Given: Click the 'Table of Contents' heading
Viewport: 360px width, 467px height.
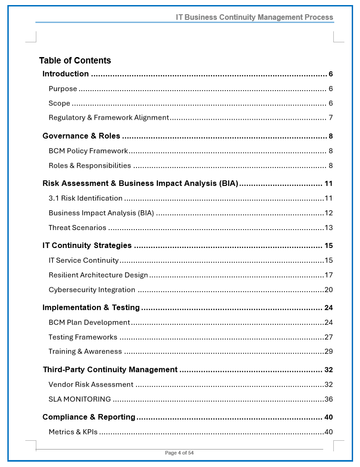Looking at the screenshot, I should (x=75, y=61).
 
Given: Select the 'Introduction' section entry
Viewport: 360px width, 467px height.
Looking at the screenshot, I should (x=66, y=74).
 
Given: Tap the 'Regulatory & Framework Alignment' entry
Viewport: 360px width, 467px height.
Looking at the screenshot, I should (x=109, y=118).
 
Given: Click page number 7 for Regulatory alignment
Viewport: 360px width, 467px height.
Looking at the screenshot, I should (x=331, y=118).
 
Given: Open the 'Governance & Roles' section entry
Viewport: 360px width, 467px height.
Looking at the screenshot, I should (x=81, y=136).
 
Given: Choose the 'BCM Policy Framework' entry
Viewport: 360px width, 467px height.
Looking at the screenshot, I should (x=88, y=151).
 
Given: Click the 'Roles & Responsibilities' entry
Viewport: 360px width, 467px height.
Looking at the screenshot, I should (x=90, y=166).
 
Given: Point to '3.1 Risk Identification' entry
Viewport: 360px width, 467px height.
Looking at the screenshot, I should (x=86, y=198).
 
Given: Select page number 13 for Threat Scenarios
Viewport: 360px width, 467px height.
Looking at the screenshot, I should (x=328, y=228).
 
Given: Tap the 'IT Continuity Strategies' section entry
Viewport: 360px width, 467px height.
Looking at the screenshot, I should (x=87, y=246).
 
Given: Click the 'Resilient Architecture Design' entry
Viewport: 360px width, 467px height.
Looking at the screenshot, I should (x=98, y=275).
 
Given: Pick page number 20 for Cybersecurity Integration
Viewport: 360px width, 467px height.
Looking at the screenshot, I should (x=328, y=290).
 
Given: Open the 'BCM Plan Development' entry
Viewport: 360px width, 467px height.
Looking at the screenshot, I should (x=89, y=323).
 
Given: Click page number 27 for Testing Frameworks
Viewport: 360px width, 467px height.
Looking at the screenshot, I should (x=328, y=337).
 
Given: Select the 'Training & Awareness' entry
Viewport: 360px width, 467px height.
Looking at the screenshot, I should (x=85, y=352).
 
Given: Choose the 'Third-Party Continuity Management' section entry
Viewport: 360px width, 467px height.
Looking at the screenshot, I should (x=110, y=370).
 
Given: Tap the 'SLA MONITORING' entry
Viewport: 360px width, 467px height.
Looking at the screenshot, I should (x=80, y=399).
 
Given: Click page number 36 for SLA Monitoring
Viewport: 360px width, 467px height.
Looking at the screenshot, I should (x=328, y=399).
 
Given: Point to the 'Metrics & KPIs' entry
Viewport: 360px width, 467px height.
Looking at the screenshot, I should (x=73, y=432).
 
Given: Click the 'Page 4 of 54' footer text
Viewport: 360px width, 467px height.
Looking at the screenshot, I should (x=179, y=453).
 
